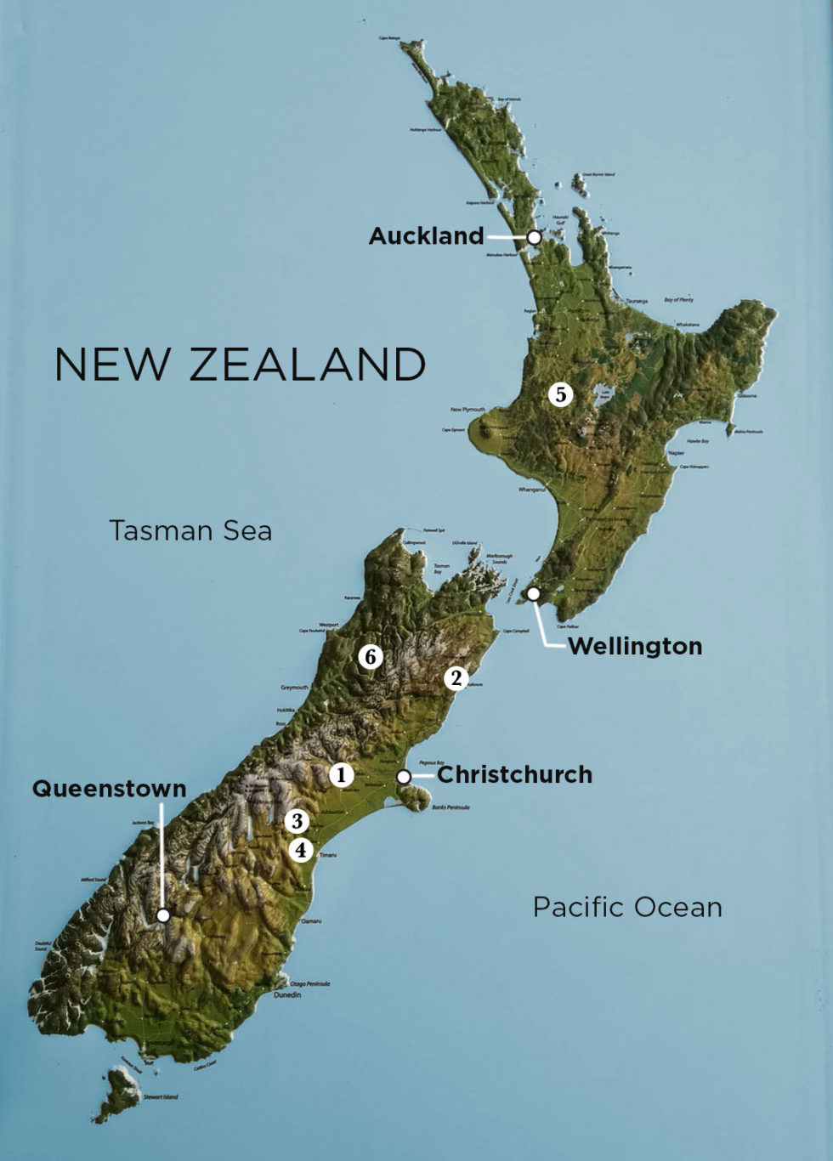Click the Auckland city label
pyautogui.click(x=426, y=236)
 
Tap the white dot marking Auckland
pyautogui.click(x=534, y=238)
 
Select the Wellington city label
pyautogui.click(x=635, y=646)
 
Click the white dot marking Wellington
pyautogui.click(x=533, y=594)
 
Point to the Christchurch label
pyautogui.click(x=514, y=774)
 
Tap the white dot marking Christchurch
pyautogui.click(x=404, y=777)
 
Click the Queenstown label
pyautogui.click(x=109, y=789)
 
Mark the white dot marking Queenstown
pyautogui.click(x=163, y=915)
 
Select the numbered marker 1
pyautogui.click(x=341, y=774)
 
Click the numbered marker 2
pyautogui.click(x=456, y=678)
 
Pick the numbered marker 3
pyautogui.click(x=297, y=820)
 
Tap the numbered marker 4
pyautogui.click(x=300, y=849)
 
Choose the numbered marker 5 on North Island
pyautogui.click(x=560, y=394)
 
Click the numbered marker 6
pyautogui.click(x=370, y=656)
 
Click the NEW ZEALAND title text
pyautogui.click(x=240, y=365)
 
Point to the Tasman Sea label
pyautogui.click(x=190, y=530)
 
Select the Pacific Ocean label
pyautogui.click(x=627, y=907)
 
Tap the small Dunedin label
pyautogui.click(x=286, y=994)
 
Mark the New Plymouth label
pyautogui.click(x=467, y=410)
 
